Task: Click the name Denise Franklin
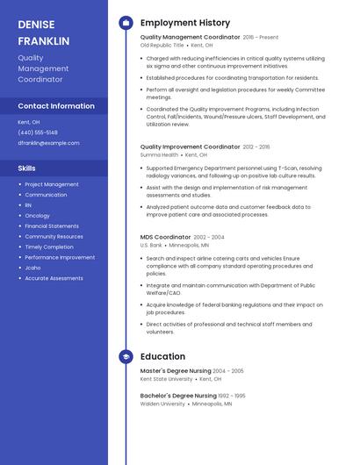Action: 43,32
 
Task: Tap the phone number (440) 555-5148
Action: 38,132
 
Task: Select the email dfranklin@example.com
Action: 48,143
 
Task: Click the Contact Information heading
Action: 56,106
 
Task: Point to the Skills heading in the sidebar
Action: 27,168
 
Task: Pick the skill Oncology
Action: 37,216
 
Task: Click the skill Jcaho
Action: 33,268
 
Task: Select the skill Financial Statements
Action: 51,226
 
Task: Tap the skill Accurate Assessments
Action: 54,278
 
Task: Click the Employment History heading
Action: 185,23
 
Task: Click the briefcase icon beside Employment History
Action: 126,23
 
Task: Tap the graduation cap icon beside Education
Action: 126,357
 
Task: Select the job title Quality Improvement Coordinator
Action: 190,147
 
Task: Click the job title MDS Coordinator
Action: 165,237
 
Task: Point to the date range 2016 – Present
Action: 261,38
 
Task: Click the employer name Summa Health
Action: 159,154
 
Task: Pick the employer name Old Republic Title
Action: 162,45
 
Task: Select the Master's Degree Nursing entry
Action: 175,371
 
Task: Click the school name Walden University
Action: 162,404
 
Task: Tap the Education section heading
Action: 162,357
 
